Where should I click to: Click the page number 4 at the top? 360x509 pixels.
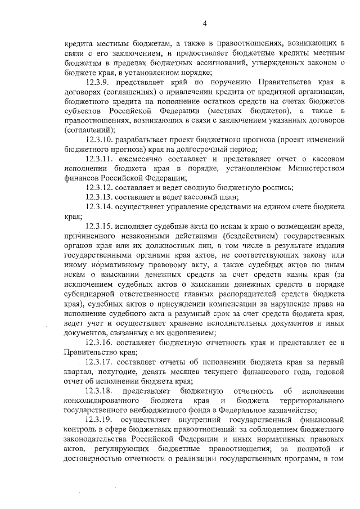tap(205, 23)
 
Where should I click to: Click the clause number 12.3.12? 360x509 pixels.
tap(101, 187)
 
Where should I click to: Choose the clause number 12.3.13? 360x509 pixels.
tap(101, 197)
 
